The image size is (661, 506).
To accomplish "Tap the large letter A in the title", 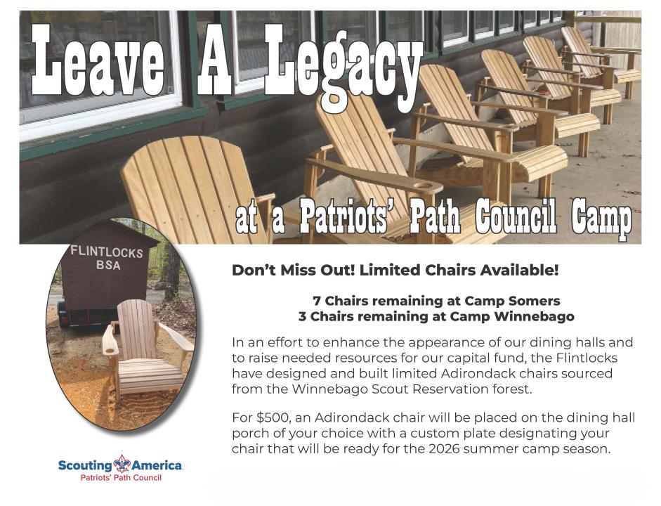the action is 215,60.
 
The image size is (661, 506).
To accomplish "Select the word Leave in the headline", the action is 98,60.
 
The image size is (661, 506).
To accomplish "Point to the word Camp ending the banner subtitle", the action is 601,219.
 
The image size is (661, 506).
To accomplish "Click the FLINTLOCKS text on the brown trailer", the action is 107,252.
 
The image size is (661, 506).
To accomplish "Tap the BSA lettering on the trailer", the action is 108,265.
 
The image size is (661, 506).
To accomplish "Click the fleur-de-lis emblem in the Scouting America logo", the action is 122,464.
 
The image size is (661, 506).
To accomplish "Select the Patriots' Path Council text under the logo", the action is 121,478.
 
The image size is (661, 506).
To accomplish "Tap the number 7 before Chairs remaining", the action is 317,301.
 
